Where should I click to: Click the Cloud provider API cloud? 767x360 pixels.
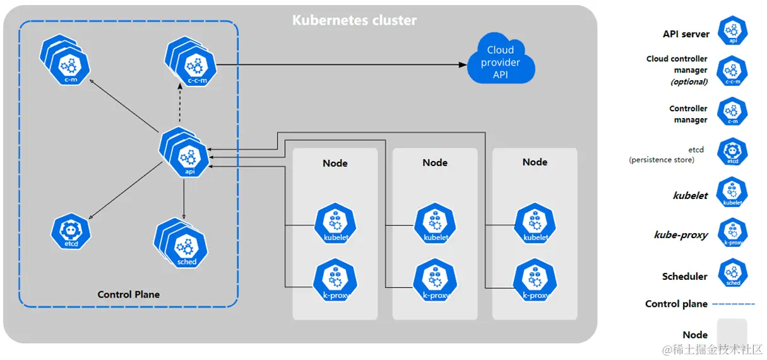tap(501, 62)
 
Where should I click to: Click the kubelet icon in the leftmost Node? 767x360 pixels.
tap(335, 225)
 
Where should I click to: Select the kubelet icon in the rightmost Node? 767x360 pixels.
tap(535, 225)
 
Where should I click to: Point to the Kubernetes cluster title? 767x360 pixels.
tap(354, 20)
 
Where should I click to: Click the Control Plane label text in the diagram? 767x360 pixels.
tap(128, 294)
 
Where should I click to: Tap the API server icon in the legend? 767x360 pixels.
tap(733, 31)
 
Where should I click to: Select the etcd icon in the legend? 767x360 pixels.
tap(733, 152)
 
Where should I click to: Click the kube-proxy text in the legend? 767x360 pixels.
tap(681, 235)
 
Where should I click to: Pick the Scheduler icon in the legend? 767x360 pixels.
tap(733, 273)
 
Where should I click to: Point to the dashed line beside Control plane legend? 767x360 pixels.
tap(734, 304)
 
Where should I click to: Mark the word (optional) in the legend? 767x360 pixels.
tap(689, 81)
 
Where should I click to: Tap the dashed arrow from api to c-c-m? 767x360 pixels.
tap(181, 107)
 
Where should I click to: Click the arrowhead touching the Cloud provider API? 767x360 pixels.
tap(461, 64)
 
